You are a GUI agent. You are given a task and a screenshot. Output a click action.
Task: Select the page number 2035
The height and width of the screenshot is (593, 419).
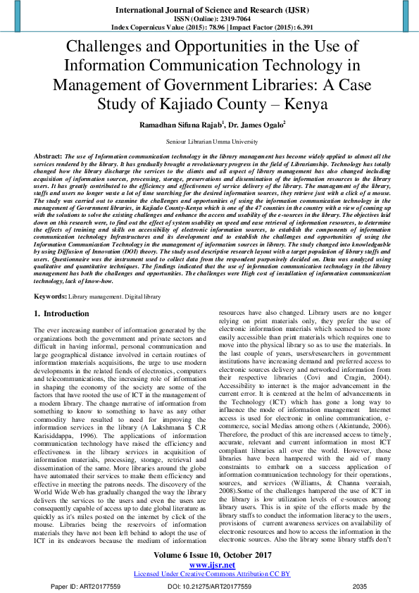point(360,586)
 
